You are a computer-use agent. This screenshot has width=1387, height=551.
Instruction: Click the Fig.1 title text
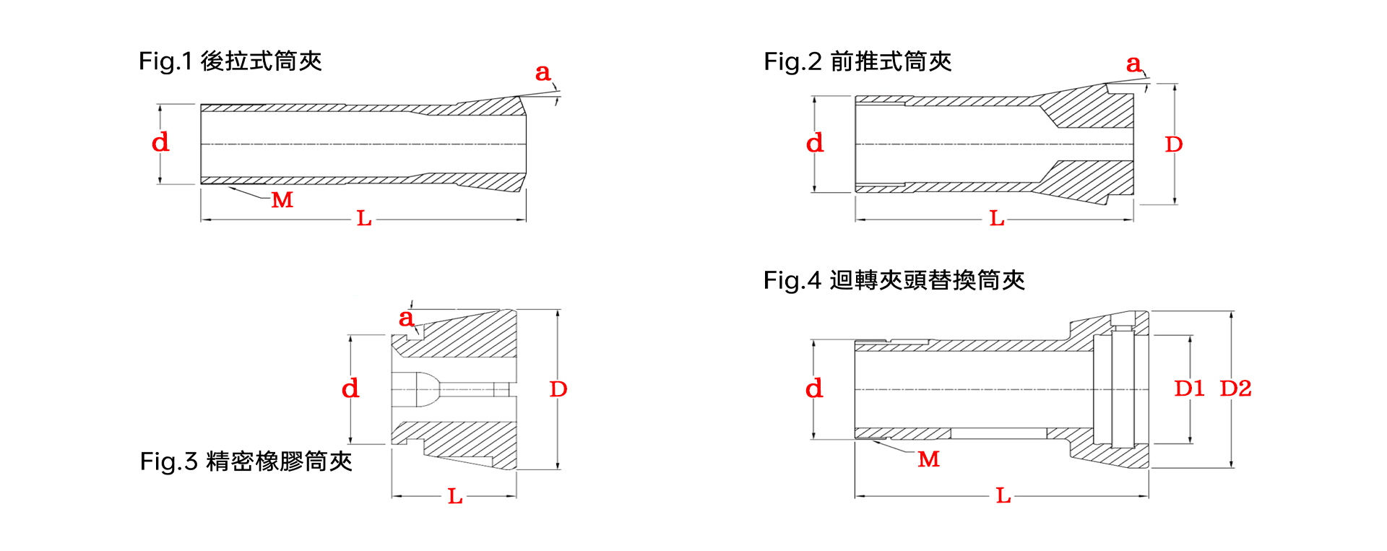(x=230, y=61)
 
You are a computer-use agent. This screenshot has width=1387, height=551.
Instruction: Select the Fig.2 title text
(x=857, y=61)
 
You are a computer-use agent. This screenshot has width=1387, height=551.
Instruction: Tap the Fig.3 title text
(x=246, y=461)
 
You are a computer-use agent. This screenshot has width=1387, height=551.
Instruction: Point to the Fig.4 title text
(x=894, y=280)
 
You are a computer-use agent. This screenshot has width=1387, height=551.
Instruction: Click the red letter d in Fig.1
(x=160, y=142)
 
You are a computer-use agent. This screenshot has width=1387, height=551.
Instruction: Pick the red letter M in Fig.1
(x=282, y=200)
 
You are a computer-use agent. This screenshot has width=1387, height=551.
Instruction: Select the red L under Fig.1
(x=364, y=218)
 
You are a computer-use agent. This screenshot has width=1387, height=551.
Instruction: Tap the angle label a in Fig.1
(x=543, y=72)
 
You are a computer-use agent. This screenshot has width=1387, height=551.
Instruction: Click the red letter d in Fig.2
(x=815, y=142)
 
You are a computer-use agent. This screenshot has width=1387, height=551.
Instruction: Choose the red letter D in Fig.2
(x=1174, y=144)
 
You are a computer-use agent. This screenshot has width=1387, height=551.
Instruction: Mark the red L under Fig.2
(x=997, y=218)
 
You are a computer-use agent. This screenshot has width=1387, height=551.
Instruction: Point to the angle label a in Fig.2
(x=1134, y=64)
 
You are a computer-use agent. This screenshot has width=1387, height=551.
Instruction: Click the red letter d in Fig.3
(x=350, y=388)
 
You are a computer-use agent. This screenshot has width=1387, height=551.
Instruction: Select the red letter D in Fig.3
(x=558, y=389)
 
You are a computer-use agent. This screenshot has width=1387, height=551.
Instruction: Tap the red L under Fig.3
(x=455, y=496)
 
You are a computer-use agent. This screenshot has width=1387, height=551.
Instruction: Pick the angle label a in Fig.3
(x=407, y=318)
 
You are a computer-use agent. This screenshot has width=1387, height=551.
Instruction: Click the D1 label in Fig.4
(x=1189, y=389)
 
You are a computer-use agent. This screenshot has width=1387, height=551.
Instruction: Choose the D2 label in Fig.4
(x=1235, y=389)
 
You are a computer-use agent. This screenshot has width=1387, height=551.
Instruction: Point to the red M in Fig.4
(x=929, y=459)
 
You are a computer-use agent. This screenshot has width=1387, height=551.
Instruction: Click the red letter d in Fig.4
(x=814, y=388)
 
